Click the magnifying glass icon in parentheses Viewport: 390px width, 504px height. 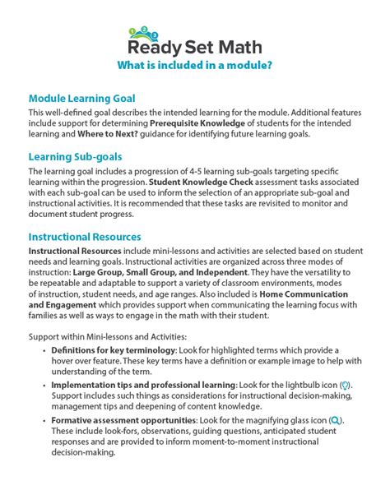pyautogui.click(x=334, y=419)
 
